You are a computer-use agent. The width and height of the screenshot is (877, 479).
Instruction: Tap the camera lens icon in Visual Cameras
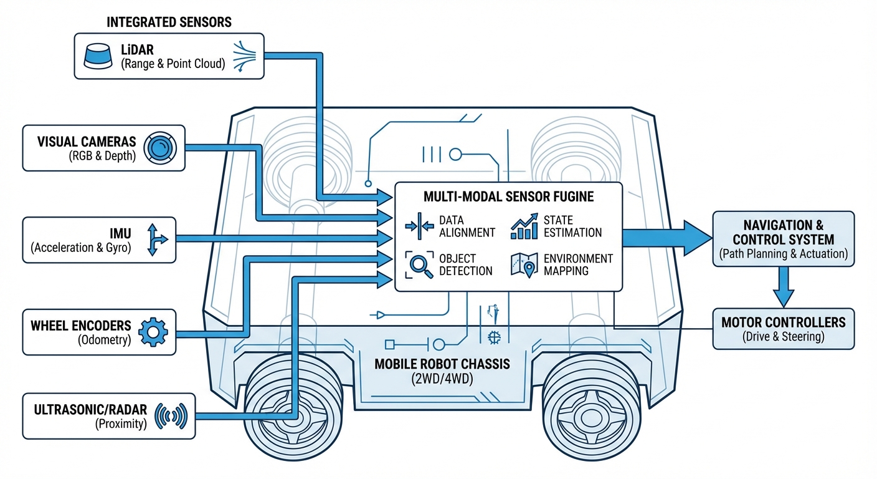pyautogui.click(x=160, y=148)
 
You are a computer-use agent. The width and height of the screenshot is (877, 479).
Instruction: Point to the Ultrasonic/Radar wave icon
pyautogui.click(x=171, y=416)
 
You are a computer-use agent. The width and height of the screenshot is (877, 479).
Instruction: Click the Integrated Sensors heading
pyautogui.click(x=169, y=22)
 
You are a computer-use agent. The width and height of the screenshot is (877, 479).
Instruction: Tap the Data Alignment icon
pyautogui.click(x=419, y=226)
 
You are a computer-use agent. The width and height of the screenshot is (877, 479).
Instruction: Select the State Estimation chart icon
pyautogui.click(x=524, y=226)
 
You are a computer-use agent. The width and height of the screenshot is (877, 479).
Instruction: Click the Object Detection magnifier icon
pyautogui.click(x=419, y=264)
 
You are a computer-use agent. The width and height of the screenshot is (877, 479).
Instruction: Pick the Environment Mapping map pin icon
pyautogui.click(x=524, y=264)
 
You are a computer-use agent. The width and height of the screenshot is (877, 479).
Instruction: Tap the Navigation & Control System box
pyautogui.click(x=783, y=239)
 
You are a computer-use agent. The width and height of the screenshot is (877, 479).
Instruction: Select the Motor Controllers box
pyautogui.click(x=783, y=329)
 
